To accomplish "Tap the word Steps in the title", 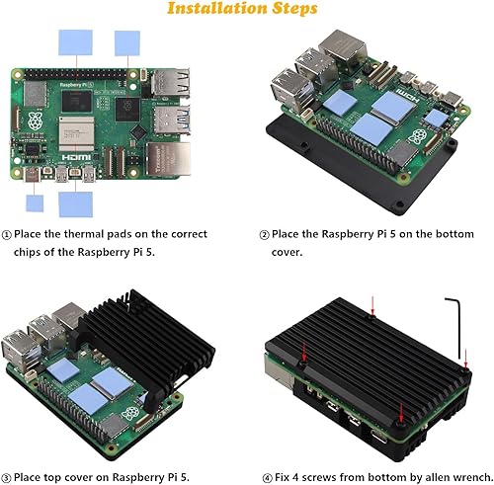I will [292, 10].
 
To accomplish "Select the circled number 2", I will [264, 234].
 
